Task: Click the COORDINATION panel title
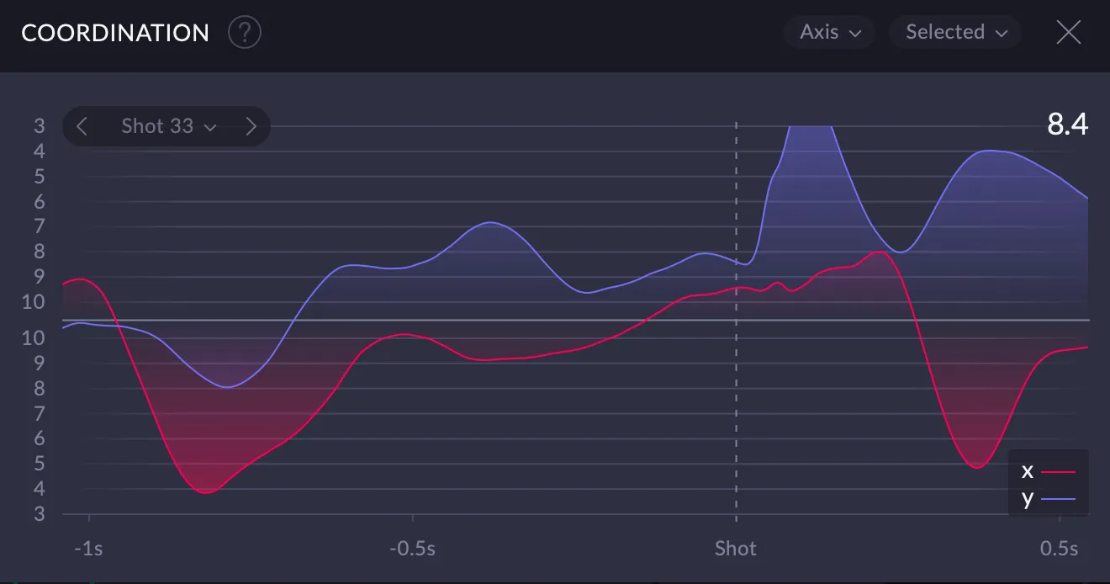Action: pyautogui.click(x=115, y=33)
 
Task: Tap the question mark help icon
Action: pyautogui.click(x=245, y=33)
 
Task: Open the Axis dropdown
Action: pyautogui.click(x=830, y=32)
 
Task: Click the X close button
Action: pyautogui.click(x=1068, y=32)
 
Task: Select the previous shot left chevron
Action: pyautogui.click(x=82, y=126)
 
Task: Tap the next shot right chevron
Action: pyautogui.click(x=251, y=126)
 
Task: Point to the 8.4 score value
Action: pyautogui.click(x=1067, y=125)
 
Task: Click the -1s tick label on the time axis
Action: pyautogui.click(x=88, y=549)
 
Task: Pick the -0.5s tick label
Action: pyautogui.click(x=412, y=549)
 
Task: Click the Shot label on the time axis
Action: pyautogui.click(x=736, y=549)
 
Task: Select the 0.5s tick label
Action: pyautogui.click(x=1059, y=549)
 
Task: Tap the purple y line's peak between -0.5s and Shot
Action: pyautogui.click(x=490, y=222)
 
